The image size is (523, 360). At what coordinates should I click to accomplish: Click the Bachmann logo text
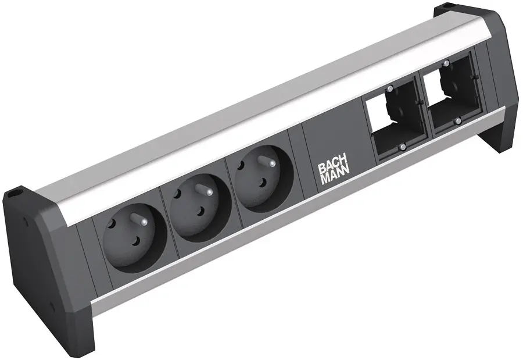(x=333, y=173)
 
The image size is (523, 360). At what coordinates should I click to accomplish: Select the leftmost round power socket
(x=135, y=234)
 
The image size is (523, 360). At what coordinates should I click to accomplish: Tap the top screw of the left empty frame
(x=389, y=89)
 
